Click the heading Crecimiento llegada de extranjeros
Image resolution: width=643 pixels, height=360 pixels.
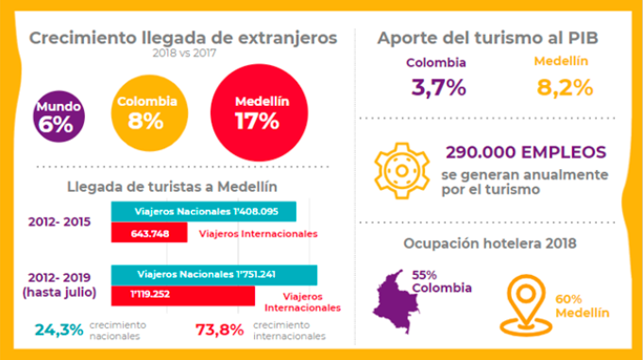[x=183, y=39]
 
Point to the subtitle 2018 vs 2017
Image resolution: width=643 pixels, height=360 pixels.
[x=183, y=55]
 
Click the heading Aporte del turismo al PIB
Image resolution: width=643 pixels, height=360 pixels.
[x=492, y=39]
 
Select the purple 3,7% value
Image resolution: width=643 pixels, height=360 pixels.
[x=436, y=88]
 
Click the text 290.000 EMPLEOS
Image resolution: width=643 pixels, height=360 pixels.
[x=526, y=151]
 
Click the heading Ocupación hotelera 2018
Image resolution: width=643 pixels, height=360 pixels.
[x=491, y=243]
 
